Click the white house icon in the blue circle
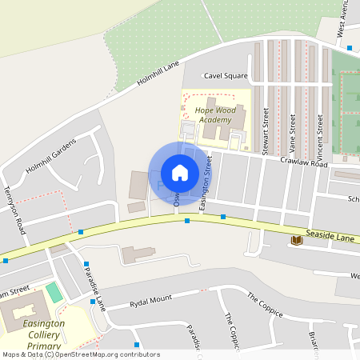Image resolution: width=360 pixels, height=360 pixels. [180, 173]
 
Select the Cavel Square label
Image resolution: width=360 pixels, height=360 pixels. [225, 76]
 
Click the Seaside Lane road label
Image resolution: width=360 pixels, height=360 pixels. [329, 238]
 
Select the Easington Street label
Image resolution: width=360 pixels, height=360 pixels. [206, 189]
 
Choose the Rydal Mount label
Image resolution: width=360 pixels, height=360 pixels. [139, 302]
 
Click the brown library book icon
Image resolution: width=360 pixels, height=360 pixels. [296, 239]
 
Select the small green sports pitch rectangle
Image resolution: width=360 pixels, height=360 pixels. [54, 293]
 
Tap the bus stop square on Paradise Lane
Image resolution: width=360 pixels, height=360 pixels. [86, 263]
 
